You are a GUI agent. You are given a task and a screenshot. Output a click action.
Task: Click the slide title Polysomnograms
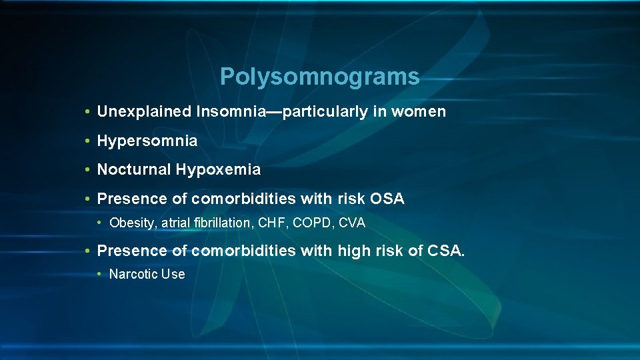point(319,77)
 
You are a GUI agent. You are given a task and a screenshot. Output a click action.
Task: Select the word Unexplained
point(144,112)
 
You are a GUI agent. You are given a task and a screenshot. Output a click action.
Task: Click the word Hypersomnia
point(147,141)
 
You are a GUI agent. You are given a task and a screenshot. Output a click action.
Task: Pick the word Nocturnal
point(134,170)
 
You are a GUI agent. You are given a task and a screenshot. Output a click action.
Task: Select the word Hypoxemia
point(218,170)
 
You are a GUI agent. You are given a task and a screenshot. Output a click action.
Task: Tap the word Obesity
point(131,223)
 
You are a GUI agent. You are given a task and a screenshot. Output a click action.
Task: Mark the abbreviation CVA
point(352,223)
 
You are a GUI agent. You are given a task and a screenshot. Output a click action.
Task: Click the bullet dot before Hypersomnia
point(88,141)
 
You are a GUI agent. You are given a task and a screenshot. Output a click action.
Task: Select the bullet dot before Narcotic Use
point(100,274)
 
